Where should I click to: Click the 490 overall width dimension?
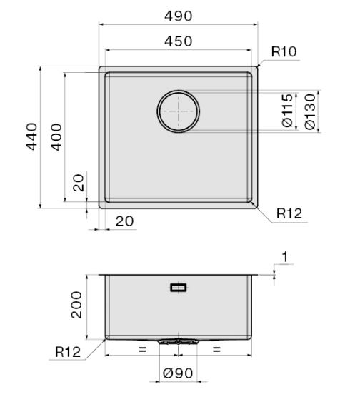click(179, 16)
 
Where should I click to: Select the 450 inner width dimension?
click(179, 41)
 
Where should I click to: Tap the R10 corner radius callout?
click(284, 51)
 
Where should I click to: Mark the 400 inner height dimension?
click(56, 137)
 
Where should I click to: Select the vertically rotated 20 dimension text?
click(79, 184)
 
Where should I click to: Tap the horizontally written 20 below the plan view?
click(124, 221)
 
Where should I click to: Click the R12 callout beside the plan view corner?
click(290, 213)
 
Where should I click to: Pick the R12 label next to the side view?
click(69, 351)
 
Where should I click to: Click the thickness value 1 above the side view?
click(286, 256)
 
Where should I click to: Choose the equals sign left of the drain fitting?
click(141, 350)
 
